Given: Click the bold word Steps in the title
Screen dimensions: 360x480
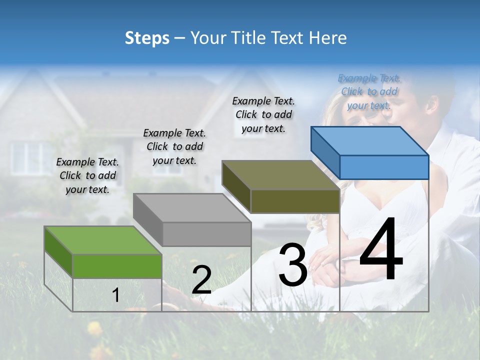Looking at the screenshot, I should click(x=147, y=38).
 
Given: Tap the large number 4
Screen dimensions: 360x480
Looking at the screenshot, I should click(x=381, y=249).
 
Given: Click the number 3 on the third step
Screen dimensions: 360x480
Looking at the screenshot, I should click(x=292, y=265).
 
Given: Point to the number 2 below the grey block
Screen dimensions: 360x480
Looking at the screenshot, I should click(x=201, y=280).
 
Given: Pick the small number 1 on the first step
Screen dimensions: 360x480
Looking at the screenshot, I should click(x=116, y=295).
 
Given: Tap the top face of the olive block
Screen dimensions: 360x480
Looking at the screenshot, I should click(x=280, y=175).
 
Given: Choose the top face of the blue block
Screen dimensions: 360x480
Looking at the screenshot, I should click(x=369, y=141).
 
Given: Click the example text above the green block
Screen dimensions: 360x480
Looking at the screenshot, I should click(x=87, y=175).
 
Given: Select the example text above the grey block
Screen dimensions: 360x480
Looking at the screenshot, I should click(x=174, y=146).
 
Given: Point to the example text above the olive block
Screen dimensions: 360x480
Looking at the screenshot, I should click(x=263, y=114).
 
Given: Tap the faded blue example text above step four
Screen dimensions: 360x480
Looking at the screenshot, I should click(x=369, y=91).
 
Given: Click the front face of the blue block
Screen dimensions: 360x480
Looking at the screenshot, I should click(x=384, y=167).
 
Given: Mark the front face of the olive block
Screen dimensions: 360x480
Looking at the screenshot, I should click(x=295, y=201).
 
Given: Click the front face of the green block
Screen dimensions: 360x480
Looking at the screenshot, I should click(x=117, y=266).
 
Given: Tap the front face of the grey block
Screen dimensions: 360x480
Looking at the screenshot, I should click(x=206, y=234).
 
